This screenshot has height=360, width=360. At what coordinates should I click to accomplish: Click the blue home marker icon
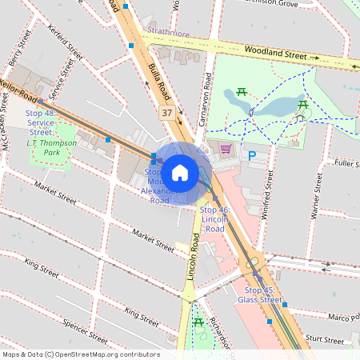click(180, 172)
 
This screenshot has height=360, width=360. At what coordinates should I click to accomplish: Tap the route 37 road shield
click(166, 113)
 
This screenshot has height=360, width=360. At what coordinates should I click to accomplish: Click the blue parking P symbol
click(253, 157)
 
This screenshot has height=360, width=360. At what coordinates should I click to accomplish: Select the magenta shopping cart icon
click(226, 149)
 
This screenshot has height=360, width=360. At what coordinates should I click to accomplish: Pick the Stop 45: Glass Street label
click(260, 295)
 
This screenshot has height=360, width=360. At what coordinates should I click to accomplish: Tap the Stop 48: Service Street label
click(41, 123)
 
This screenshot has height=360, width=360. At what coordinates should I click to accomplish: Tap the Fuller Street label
click(345, 164)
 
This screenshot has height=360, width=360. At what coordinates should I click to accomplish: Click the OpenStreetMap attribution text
click(80, 354)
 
